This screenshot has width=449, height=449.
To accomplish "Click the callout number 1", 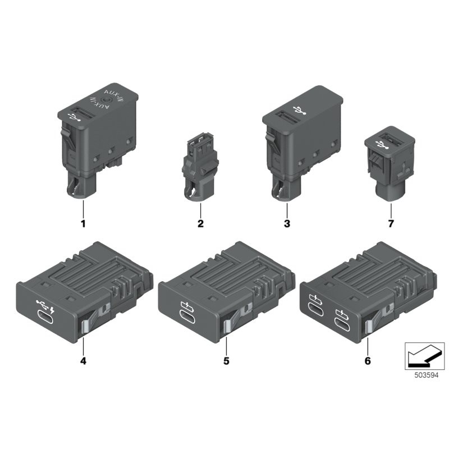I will (x=83, y=224).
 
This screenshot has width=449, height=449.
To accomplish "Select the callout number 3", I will (x=286, y=224).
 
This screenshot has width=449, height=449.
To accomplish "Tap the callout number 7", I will (x=391, y=224).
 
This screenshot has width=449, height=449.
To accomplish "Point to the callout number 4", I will (x=83, y=360).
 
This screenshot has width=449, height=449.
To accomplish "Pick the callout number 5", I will (x=226, y=360).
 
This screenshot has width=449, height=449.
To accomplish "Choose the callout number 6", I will (x=368, y=360).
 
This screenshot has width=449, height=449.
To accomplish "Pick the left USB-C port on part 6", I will (x=314, y=310).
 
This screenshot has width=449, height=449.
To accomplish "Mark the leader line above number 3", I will (x=286, y=210).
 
